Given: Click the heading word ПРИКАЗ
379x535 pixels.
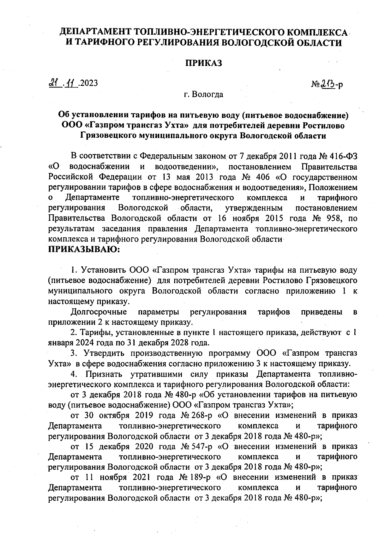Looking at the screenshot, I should pos(203,63).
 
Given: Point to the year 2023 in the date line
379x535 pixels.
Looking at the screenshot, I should pos(89,83).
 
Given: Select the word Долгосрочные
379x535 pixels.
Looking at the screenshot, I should pos(99,312).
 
